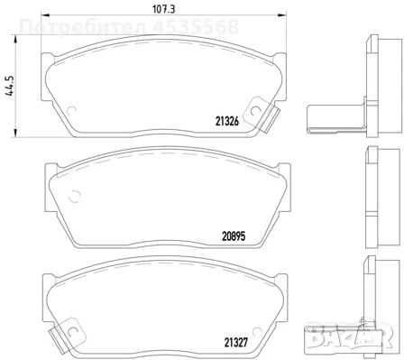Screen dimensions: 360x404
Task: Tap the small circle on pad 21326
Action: (256, 113)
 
